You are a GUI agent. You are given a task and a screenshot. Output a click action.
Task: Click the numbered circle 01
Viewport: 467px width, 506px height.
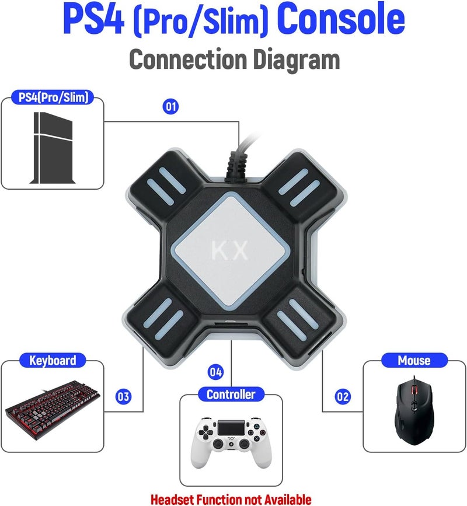[x=171, y=107]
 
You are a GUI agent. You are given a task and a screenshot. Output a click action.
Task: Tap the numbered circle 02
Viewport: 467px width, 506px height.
[x=343, y=397]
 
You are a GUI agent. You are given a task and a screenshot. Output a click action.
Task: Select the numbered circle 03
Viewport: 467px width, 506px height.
[x=123, y=397]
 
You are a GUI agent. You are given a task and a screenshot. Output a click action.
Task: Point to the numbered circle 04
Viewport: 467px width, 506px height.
[x=216, y=372]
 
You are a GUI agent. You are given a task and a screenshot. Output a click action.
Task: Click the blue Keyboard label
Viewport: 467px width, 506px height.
[x=53, y=361]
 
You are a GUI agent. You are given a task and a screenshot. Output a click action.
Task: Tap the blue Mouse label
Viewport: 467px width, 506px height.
[x=414, y=361]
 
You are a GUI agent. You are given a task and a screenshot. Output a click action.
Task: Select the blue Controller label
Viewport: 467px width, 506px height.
[x=231, y=395]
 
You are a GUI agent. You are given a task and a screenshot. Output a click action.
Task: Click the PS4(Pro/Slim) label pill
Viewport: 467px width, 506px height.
[x=53, y=97]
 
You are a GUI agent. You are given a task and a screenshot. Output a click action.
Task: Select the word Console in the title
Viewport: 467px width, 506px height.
[x=341, y=20]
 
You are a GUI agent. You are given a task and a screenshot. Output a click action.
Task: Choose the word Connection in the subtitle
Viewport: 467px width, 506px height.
[x=187, y=60]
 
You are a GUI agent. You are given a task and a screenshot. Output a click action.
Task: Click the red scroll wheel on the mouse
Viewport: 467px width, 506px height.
[x=415, y=387]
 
